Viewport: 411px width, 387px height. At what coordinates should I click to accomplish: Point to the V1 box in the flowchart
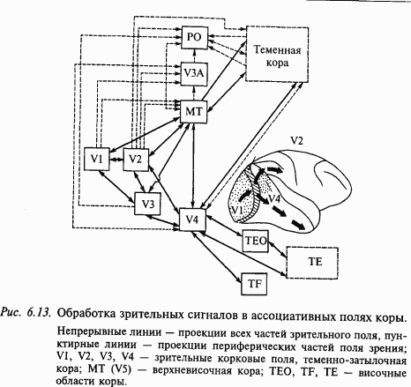[98, 158]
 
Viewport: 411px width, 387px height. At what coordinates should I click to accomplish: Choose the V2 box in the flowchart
[136, 158]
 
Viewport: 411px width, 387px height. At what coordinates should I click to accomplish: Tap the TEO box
[253, 238]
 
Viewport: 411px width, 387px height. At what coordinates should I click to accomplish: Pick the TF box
[253, 283]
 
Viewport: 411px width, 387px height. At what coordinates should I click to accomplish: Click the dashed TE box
[315, 262]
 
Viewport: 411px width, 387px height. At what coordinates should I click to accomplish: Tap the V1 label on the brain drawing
[236, 212]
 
